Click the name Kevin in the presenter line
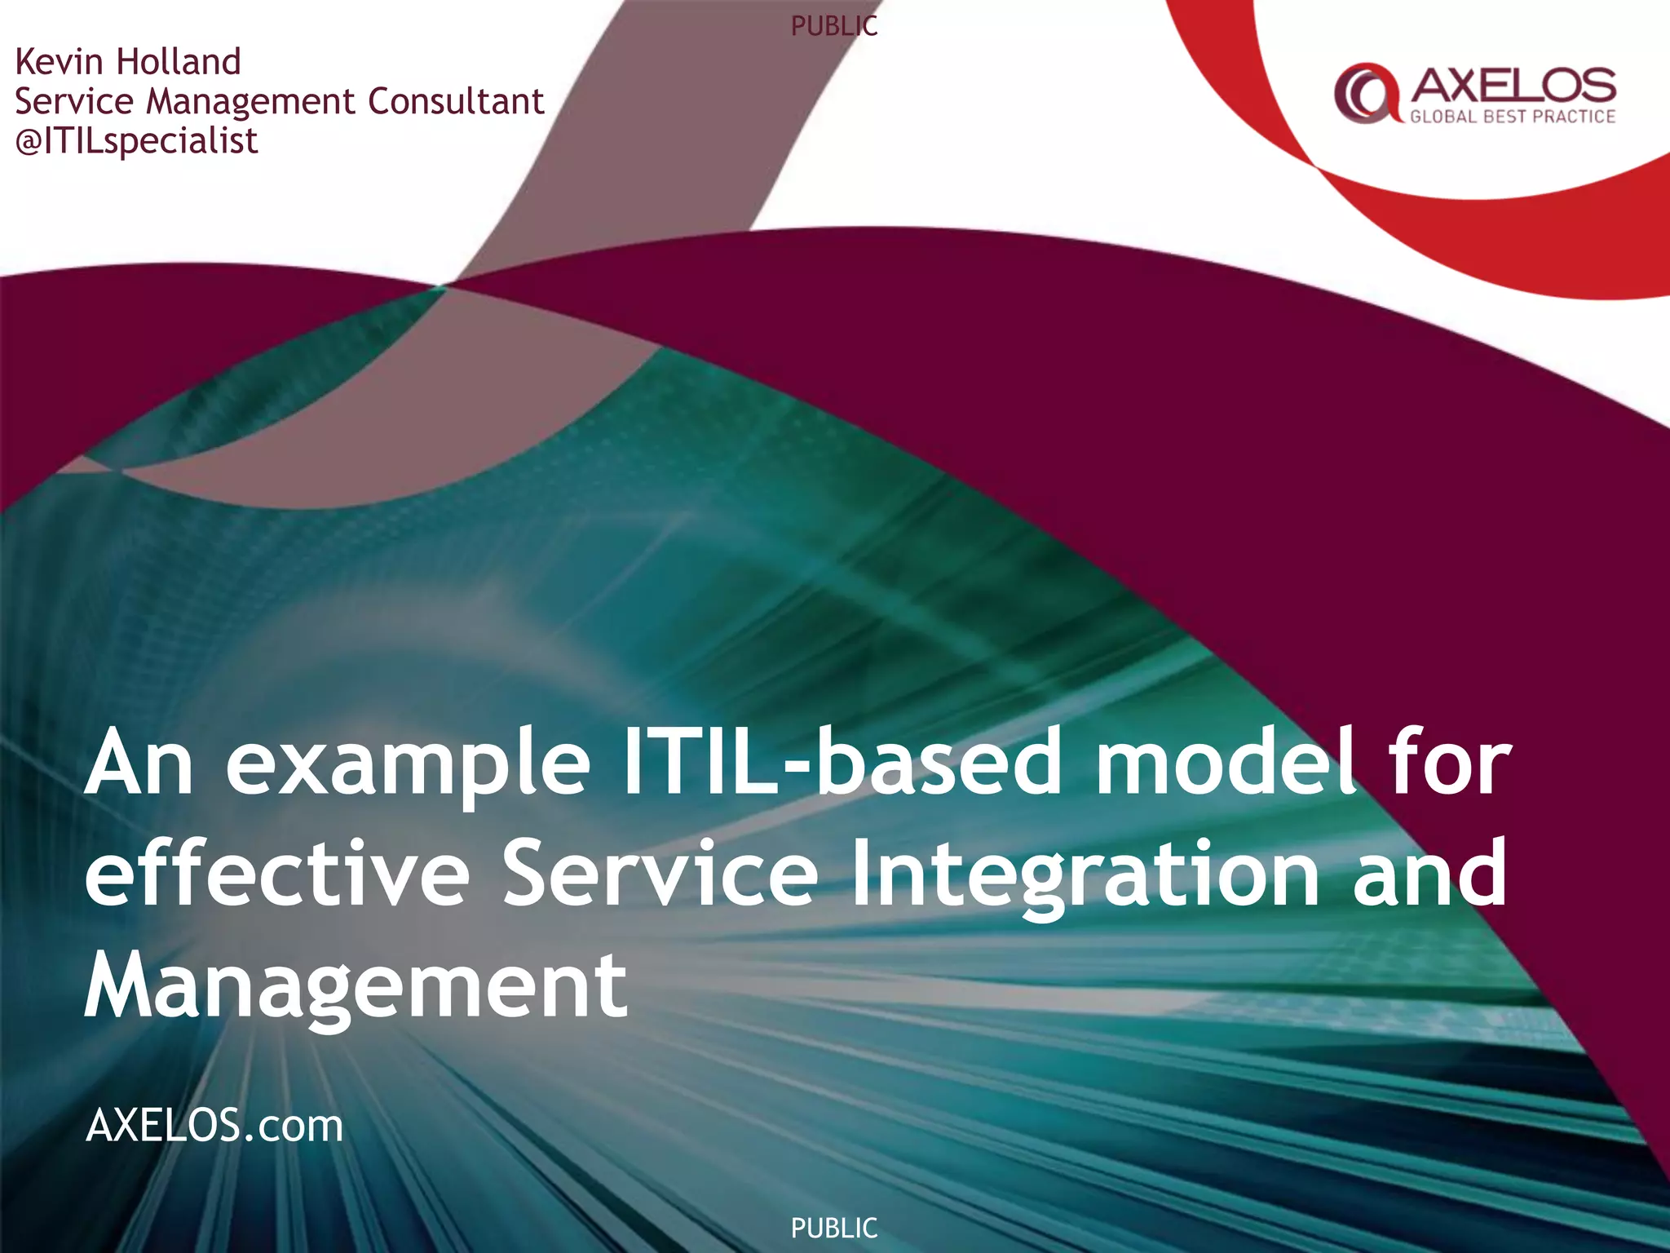59,62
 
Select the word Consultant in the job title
455,101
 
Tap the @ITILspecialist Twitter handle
137,141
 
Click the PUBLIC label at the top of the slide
834,26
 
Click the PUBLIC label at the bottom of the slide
834,1228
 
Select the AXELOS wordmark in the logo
1513,85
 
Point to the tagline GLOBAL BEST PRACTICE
1513,117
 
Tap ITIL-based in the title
840,763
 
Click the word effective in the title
277,874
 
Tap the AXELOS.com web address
214,1126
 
